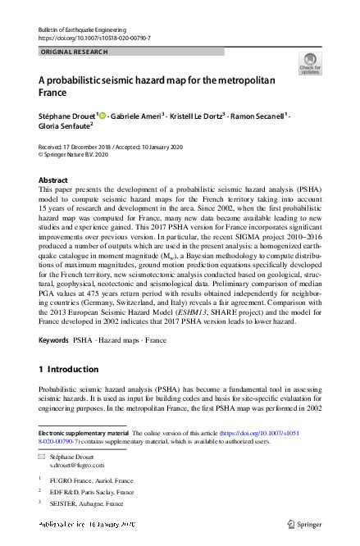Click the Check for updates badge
(x=313, y=64)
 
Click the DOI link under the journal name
(x=94, y=38)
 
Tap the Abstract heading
(x=55, y=180)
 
